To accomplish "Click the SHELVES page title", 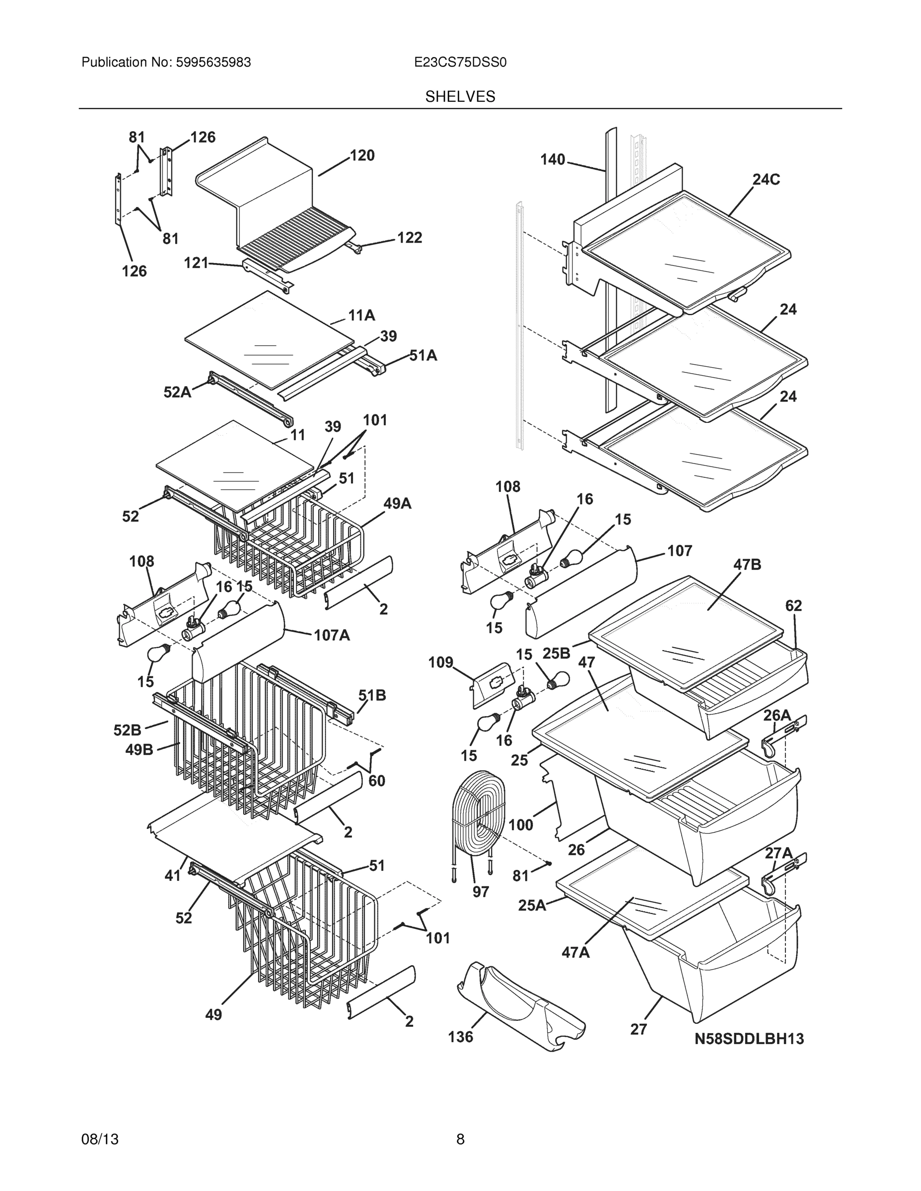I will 460,97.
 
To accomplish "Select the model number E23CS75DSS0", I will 460,63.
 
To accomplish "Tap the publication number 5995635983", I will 213,63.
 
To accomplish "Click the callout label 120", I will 362,156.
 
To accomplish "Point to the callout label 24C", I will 766,180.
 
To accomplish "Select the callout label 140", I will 553,160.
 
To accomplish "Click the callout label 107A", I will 332,635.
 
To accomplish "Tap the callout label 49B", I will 139,750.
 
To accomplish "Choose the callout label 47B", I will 747,564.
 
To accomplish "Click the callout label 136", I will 461,1037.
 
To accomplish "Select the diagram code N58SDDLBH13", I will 749,1039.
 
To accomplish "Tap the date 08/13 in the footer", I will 100,1139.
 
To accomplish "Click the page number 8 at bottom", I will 460,1139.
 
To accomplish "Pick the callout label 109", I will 440,662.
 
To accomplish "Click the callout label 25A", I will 532,905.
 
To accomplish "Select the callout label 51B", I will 372,695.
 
